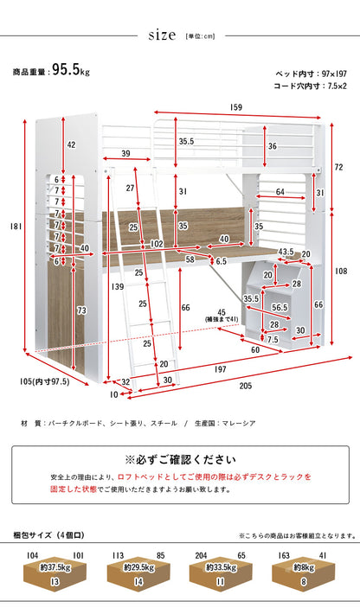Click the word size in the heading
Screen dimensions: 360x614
[x=162, y=35]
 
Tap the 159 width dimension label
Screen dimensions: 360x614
[x=236, y=107]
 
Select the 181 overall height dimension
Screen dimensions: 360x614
[x=16, y=227]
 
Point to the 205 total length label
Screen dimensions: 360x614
[x=246, y=386]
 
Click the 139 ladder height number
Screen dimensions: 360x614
[x=117, y=286]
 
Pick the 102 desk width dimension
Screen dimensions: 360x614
[x=157, y=244]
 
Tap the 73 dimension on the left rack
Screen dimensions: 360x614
[x=81, y=311]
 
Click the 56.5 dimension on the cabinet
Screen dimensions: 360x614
[x=280, y=308]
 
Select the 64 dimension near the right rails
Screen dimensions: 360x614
[x=280, y=192]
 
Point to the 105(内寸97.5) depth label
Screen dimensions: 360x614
[x=44, y=381]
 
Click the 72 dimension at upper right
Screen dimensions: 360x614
[x=339, y=167]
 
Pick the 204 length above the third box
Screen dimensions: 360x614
[x=201, y=555]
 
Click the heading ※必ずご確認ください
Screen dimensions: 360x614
[x=180, y=459]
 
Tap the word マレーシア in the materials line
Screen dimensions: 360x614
[x=239, y=423]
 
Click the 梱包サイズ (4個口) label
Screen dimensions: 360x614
[x=48, y=535]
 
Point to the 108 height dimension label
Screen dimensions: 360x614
[x=342, y=271]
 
